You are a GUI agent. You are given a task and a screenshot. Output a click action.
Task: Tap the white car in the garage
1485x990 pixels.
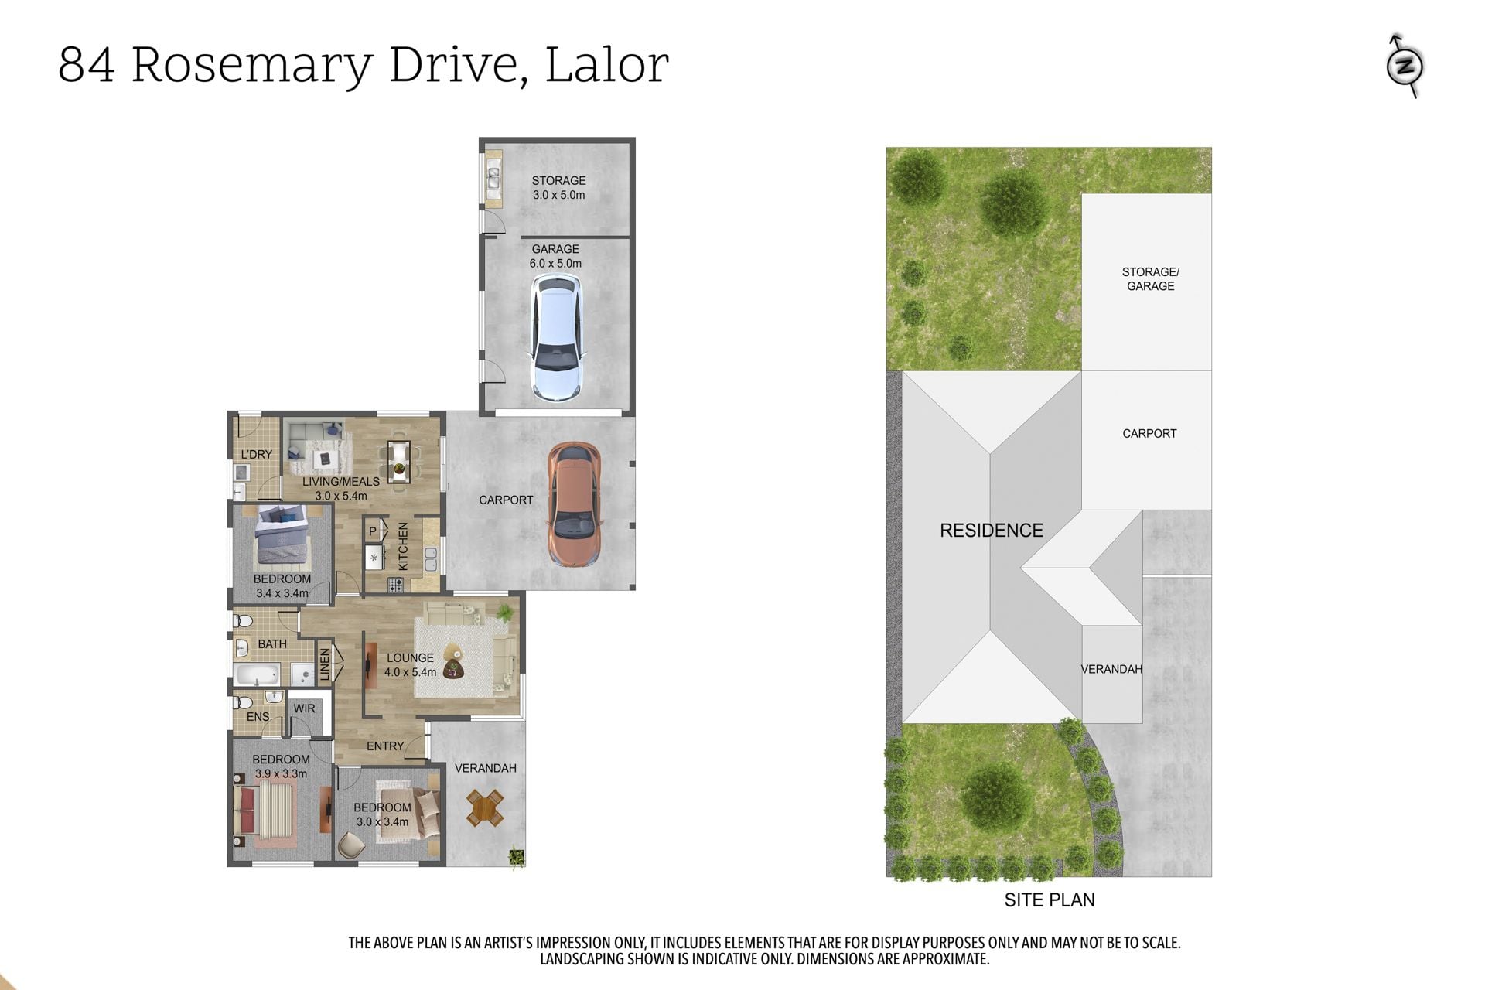click(x=555, y=339)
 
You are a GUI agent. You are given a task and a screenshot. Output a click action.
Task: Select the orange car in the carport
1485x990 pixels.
click(x=574, y=504)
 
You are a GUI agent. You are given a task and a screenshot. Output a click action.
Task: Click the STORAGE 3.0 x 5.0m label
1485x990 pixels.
click(x=558, y=188)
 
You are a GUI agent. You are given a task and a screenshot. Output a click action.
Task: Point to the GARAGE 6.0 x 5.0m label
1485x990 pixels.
click(x=555, y=256)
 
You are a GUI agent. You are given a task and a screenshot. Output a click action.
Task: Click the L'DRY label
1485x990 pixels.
click(x=256, y=454)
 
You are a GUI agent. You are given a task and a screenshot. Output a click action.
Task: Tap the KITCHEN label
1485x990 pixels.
click(x=403, y=546)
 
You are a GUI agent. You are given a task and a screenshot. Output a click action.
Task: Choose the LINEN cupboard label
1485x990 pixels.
click(x=325, y=664)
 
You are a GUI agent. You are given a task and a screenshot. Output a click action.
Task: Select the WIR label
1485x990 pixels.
click(x=304, y=708)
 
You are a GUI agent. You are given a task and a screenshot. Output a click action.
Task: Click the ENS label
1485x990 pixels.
click(x=258, y=717)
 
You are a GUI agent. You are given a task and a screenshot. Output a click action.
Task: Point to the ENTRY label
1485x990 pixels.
click(x=385, y=746)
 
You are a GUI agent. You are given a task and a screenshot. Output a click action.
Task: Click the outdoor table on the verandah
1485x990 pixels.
click(x=485, y=808)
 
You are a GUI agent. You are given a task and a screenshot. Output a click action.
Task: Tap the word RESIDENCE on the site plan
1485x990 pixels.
click(x=992, y=531)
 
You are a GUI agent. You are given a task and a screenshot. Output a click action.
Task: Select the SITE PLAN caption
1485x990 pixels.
click(x=1050, y=900)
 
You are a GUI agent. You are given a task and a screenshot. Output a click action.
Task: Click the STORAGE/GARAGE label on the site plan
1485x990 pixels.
click(x=1150, y=279)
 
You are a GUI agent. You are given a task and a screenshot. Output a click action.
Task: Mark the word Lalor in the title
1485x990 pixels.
click(x=607, y=64)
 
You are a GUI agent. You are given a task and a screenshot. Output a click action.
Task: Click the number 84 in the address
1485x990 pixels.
click(x=87, y=65)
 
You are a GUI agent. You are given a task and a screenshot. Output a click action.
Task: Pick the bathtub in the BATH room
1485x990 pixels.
click(x=257, y=674)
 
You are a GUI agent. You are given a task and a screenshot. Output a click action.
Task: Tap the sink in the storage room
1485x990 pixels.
click(x=493, y=179)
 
